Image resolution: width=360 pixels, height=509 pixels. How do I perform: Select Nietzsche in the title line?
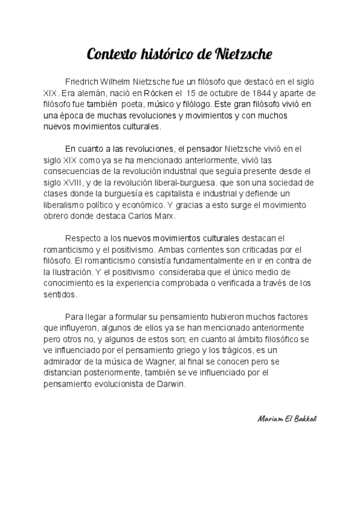243,55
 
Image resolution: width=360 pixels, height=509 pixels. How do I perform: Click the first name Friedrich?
83,82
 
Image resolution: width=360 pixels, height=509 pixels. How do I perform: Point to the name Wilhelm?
122,82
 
